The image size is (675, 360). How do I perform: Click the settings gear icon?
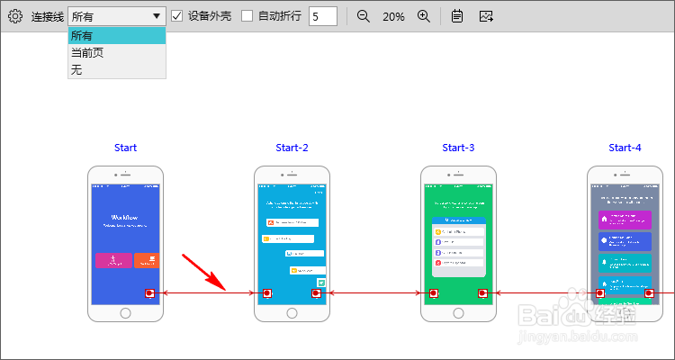pos(14,16)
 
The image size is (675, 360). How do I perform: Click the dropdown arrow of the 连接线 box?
pos(157,16)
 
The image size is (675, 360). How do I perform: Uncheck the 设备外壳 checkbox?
pos(177,16)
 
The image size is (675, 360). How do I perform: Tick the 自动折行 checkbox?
pos(247,16)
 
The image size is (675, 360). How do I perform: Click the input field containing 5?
pos(322,16)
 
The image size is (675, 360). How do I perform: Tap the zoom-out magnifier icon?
pos(364,16)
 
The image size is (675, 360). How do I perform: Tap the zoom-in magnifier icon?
pos(424,16)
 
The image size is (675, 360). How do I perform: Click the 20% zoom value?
pos(393,16)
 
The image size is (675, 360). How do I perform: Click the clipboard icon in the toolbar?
pos(457,16)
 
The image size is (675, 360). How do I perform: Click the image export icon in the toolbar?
pos(486,16)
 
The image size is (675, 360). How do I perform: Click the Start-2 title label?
pos(292,148)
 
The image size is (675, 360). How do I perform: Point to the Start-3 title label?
pos(458,148)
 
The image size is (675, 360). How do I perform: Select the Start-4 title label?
pos(625,148)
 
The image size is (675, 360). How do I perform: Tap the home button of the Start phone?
pos(125,313)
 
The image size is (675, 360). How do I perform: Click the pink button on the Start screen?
pos(113,260)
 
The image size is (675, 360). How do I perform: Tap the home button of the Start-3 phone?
pos(458,313)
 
